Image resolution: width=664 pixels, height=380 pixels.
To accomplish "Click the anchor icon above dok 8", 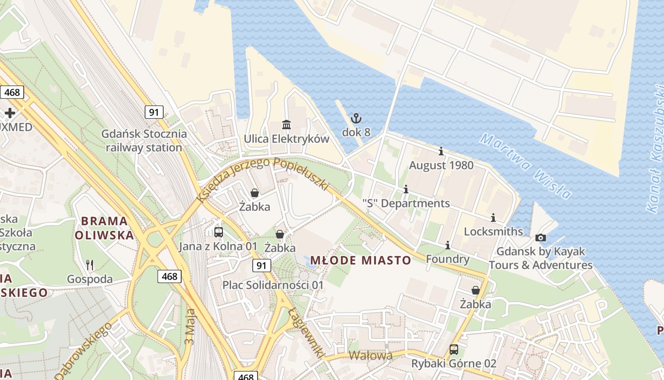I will (x=356, y=118).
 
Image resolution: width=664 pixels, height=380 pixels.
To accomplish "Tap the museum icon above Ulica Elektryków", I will (x=286, y=125).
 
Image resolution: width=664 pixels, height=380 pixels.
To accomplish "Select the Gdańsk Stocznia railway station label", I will (x=144, y=141).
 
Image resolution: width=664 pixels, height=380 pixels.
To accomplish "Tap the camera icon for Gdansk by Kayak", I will (x=540, y=237).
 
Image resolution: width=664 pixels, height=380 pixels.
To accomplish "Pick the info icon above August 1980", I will (x=441, y=152).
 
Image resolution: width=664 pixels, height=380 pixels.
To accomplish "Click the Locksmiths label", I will (x=493, y=231).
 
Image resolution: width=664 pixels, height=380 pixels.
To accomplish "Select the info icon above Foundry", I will (x=447, y=246).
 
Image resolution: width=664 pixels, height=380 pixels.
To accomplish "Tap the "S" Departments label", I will (x=406, y=203).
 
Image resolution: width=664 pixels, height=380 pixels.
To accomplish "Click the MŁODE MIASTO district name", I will (x=360, y=260).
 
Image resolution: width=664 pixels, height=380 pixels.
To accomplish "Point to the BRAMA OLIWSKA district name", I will (x=104, y=228).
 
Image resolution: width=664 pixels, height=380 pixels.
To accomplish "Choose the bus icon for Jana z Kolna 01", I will (x=218, y=232).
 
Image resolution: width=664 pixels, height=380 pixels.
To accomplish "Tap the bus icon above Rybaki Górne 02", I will (x=454, y=350).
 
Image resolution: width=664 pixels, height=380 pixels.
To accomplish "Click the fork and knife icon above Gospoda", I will (x=90, y=265).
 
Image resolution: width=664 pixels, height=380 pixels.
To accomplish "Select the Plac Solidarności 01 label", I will (x=273, y=285).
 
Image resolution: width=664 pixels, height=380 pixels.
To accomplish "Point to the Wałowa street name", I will (x=371, y=356).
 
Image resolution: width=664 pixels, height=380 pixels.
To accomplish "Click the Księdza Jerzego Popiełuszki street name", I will (x=263, y=178).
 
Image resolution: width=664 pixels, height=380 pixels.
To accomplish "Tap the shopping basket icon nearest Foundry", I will (x=475, y=290).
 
